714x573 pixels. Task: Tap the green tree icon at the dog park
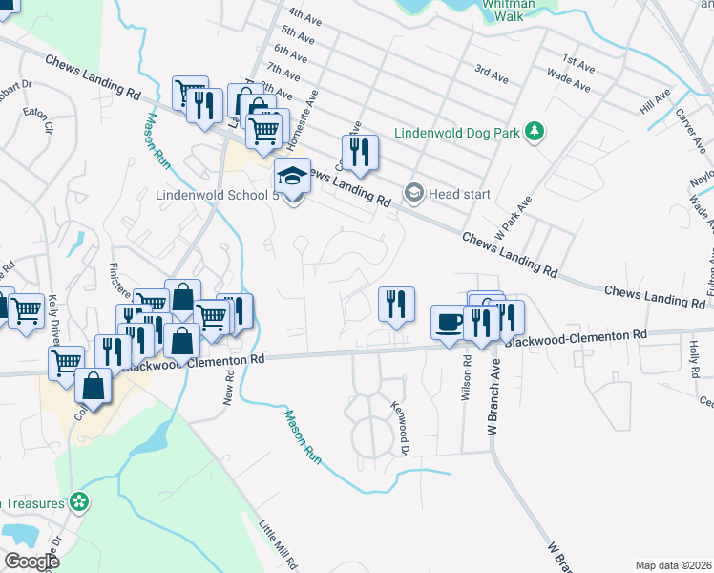(536, 130)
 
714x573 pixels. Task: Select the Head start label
(459, 194)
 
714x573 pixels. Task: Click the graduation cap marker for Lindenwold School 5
(293, 176)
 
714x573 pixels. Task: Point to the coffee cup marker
(449, 322)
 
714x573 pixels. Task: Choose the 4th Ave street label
(306, 16)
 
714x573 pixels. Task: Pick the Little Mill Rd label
(279, 542)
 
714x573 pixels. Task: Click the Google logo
(32, 562)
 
